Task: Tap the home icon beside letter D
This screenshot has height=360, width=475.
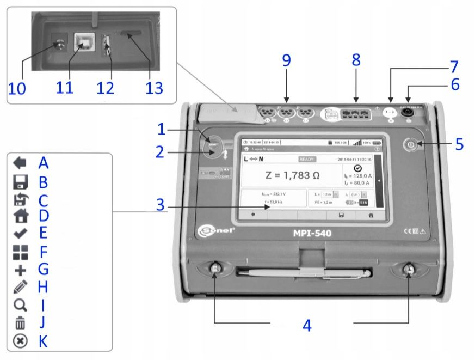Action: click(x=20, y=215)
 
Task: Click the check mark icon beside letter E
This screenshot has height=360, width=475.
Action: click(x=20, y=233)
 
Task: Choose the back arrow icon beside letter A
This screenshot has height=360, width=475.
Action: click(x=20, y=162)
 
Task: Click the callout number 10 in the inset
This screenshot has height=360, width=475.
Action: click(x=17, y=88)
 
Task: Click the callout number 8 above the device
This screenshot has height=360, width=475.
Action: click(x=356, y=60)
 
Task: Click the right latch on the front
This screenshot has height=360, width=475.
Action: click(x=408, y=270)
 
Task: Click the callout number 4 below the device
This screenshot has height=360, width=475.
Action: click(x=307, y=326)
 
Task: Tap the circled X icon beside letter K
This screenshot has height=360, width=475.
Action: click(x=20, y=341)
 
